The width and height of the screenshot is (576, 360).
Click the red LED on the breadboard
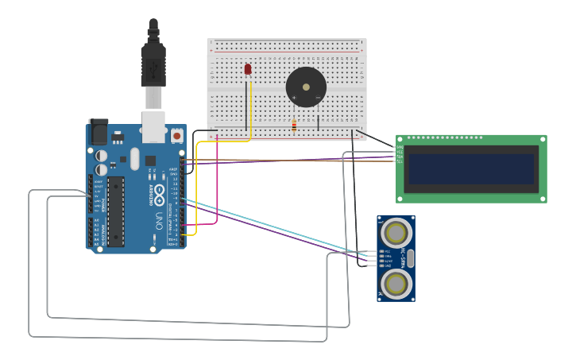(x=248, y=70)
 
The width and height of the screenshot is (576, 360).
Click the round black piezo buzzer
(x=306, y=87)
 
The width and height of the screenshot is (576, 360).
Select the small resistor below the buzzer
(x=294, y=126)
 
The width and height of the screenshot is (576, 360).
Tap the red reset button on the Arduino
(x=176, y=136)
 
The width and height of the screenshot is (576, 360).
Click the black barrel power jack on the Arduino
(x=98, y=131)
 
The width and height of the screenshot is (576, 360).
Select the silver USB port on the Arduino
(x=153, y=126)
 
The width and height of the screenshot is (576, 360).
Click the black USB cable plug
(x=153, y=64)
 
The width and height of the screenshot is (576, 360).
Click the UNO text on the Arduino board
(x=158, y=219)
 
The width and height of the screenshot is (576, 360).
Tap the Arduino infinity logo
(x=159, y=193)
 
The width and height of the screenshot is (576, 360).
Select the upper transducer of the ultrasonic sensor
(x=396, y=232)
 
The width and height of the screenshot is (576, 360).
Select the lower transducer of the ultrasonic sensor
(x=396, y=283)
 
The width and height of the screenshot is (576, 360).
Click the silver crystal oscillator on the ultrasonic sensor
(x=412, y=257)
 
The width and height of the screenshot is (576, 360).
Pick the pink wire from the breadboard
(x=218, y=183)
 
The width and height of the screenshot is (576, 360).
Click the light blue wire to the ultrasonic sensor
(x=270, y=230)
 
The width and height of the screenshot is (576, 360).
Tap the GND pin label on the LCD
(x=400, y=147)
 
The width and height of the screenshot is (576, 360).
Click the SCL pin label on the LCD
(x=400, y=161)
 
